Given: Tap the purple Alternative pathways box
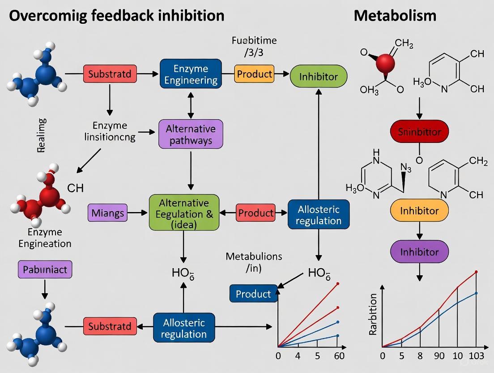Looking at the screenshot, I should pyautogui.click(x=191, y=134).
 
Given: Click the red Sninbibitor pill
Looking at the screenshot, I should pyautogui.click(x=419, y=132).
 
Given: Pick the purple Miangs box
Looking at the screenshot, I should pyautogui.click(x=108, y=213).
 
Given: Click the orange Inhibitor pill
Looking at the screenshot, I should pyautogui.click(x=419, y=210).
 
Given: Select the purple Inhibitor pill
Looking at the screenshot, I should pyautogui.click(x=419, y=252).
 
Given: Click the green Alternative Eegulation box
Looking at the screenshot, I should pyautogui.click(x=184, y=213).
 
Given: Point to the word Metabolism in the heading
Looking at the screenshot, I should pyautogui.click(x=395, y=16).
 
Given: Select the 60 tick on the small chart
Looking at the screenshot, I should pyautogui.click(x=339, y=356).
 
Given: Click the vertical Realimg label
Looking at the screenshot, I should pyautogui.click(x=42, y=136).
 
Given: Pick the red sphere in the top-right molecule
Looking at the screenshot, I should pyautogui.click(x=386, y=64).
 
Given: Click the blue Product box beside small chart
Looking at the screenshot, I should pyautogui.click(x=253, y=294).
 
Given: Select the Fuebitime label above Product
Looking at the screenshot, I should pyautogui.click(x=254, y=40).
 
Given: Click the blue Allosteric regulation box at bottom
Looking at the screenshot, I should pyautogui.click(x=184, y=328).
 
